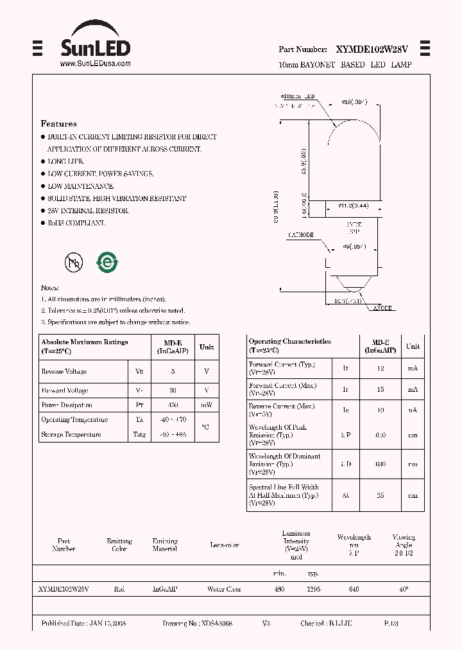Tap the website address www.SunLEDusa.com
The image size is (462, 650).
pos(95,64)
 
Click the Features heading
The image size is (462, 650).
pos(58,123)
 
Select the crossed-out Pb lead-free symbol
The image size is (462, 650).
pos(73,262)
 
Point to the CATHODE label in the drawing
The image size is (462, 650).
pos(301,235)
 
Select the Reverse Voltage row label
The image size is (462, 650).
pos(64,372)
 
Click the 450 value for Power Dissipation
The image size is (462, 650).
pos(173,405)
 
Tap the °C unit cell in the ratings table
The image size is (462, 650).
pos(205,426)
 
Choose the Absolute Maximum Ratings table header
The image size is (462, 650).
pos(84,346)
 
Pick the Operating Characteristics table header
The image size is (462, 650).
pos(289,346)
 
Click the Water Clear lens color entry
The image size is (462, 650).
pos(224,589)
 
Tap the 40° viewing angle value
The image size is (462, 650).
pos(404,589)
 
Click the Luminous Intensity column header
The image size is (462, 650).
pos(296,541)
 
